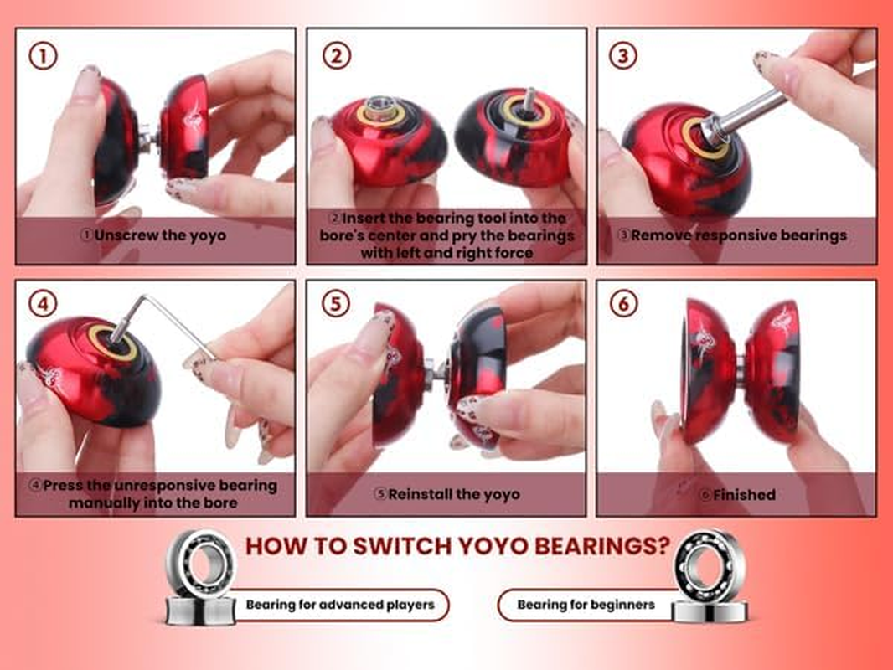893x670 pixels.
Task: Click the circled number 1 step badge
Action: (x=44, y=56)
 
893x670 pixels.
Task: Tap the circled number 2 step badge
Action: (x=336, y=56)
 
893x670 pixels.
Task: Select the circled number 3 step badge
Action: (x=623, y=56)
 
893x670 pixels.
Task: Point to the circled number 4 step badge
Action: (x=44, y=303)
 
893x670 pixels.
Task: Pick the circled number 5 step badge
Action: (x=336, y=303)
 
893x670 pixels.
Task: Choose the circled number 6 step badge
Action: (x=623, y=303)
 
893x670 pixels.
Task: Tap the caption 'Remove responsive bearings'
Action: (x=737, y=235)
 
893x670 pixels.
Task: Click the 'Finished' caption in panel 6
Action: (x=737, y=494)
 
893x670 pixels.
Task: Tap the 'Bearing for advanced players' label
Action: (x=340, y=605)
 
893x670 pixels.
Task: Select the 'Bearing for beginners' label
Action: (x=586, y=605)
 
